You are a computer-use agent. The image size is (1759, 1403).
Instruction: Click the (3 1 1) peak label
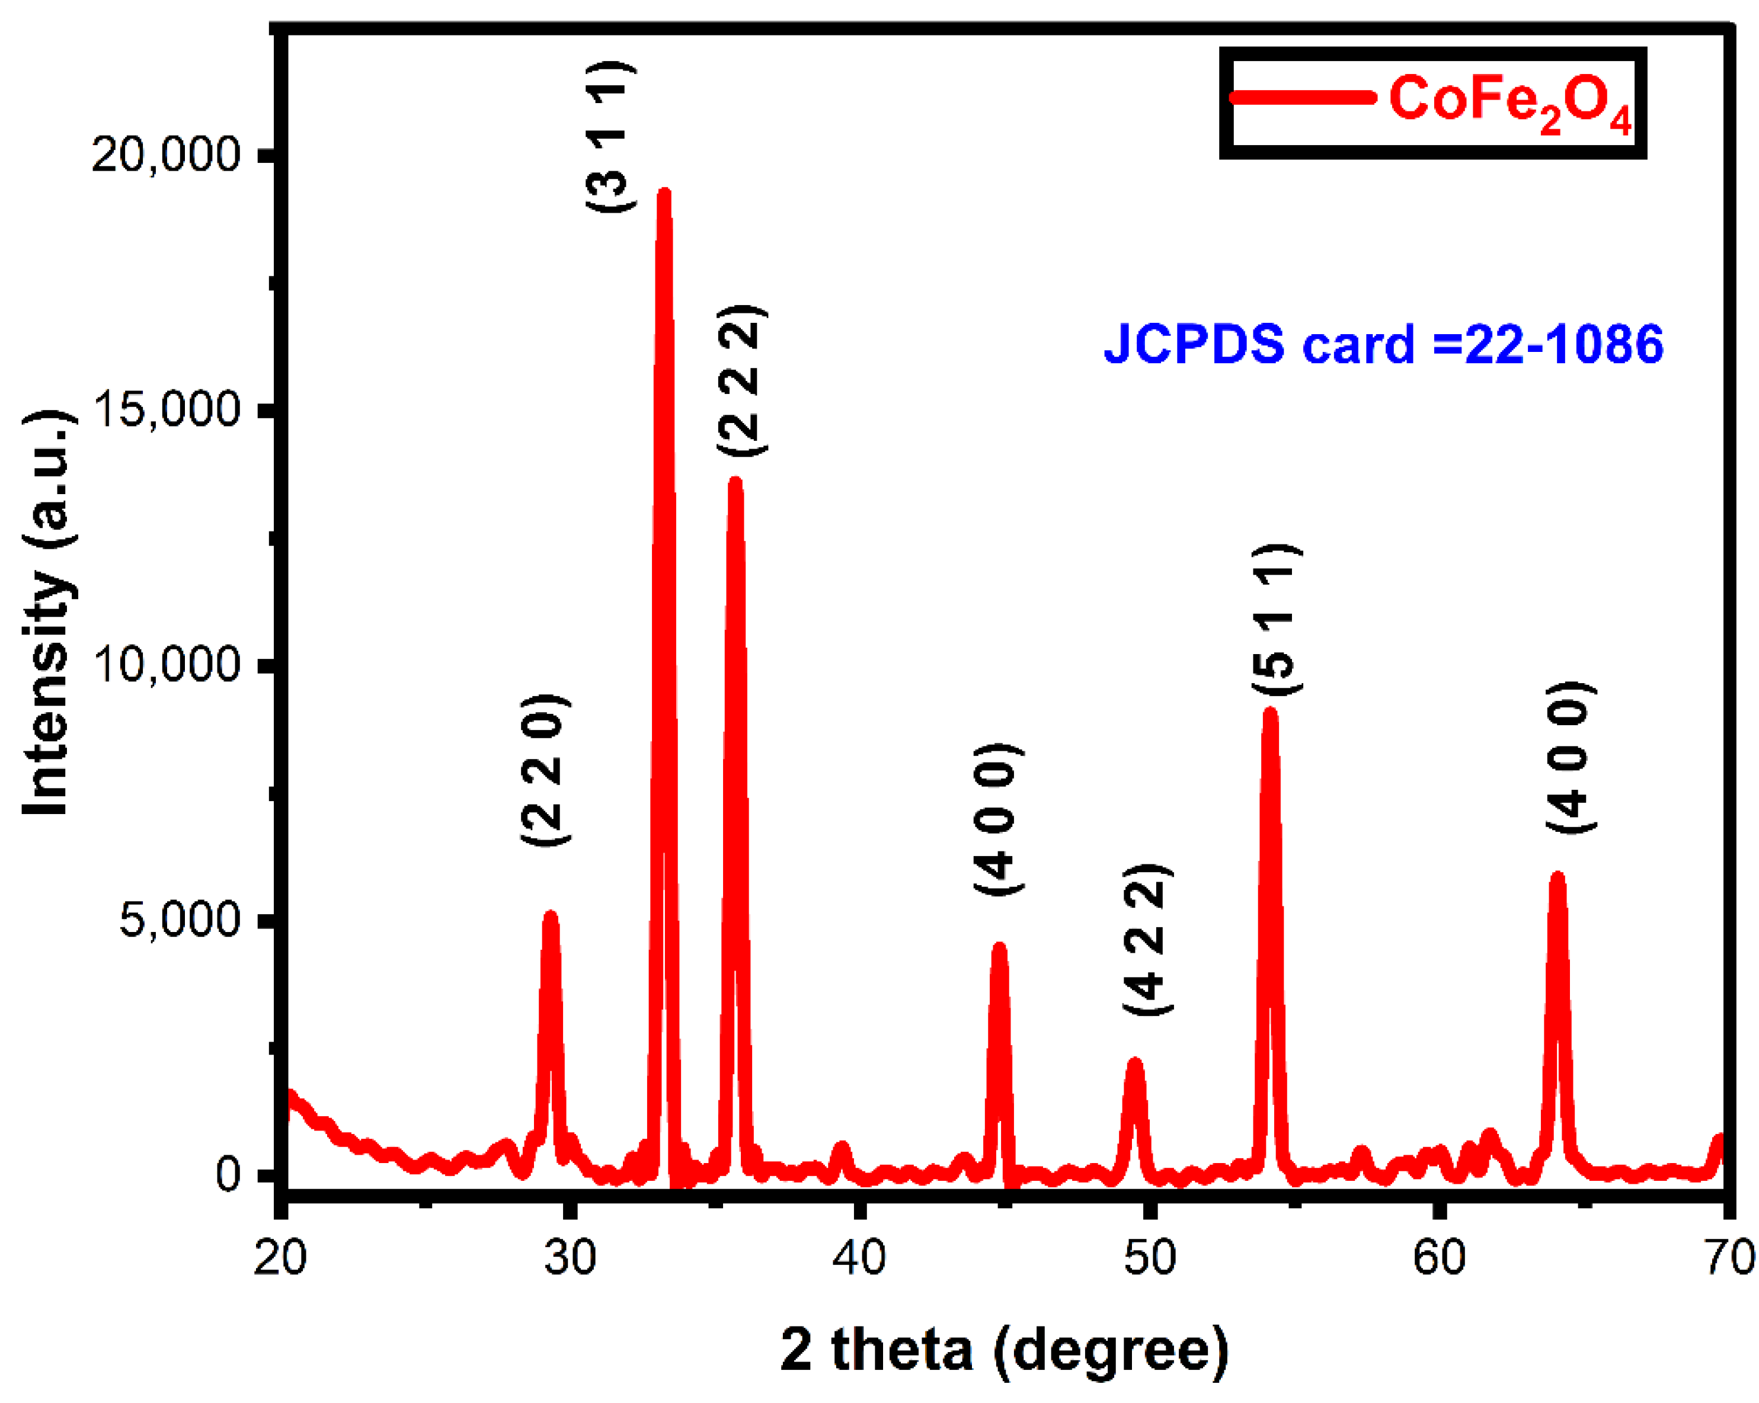click(x=610, y=136)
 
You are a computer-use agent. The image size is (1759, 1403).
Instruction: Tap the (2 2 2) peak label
click(x=741, y=380)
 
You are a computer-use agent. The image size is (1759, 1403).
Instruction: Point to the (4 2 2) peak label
click(x=1148, y=939)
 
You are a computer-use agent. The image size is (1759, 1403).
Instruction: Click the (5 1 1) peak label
click(x=1277, y=619)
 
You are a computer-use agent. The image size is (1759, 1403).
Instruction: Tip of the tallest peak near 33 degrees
click(x=664, y=194)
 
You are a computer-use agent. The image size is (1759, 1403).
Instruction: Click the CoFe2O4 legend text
click(x=1509, y=102)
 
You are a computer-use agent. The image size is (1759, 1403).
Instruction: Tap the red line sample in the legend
click(x=1302, y=98)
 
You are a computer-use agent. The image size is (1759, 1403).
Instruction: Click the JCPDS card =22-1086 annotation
click(x=1383, y=344)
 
